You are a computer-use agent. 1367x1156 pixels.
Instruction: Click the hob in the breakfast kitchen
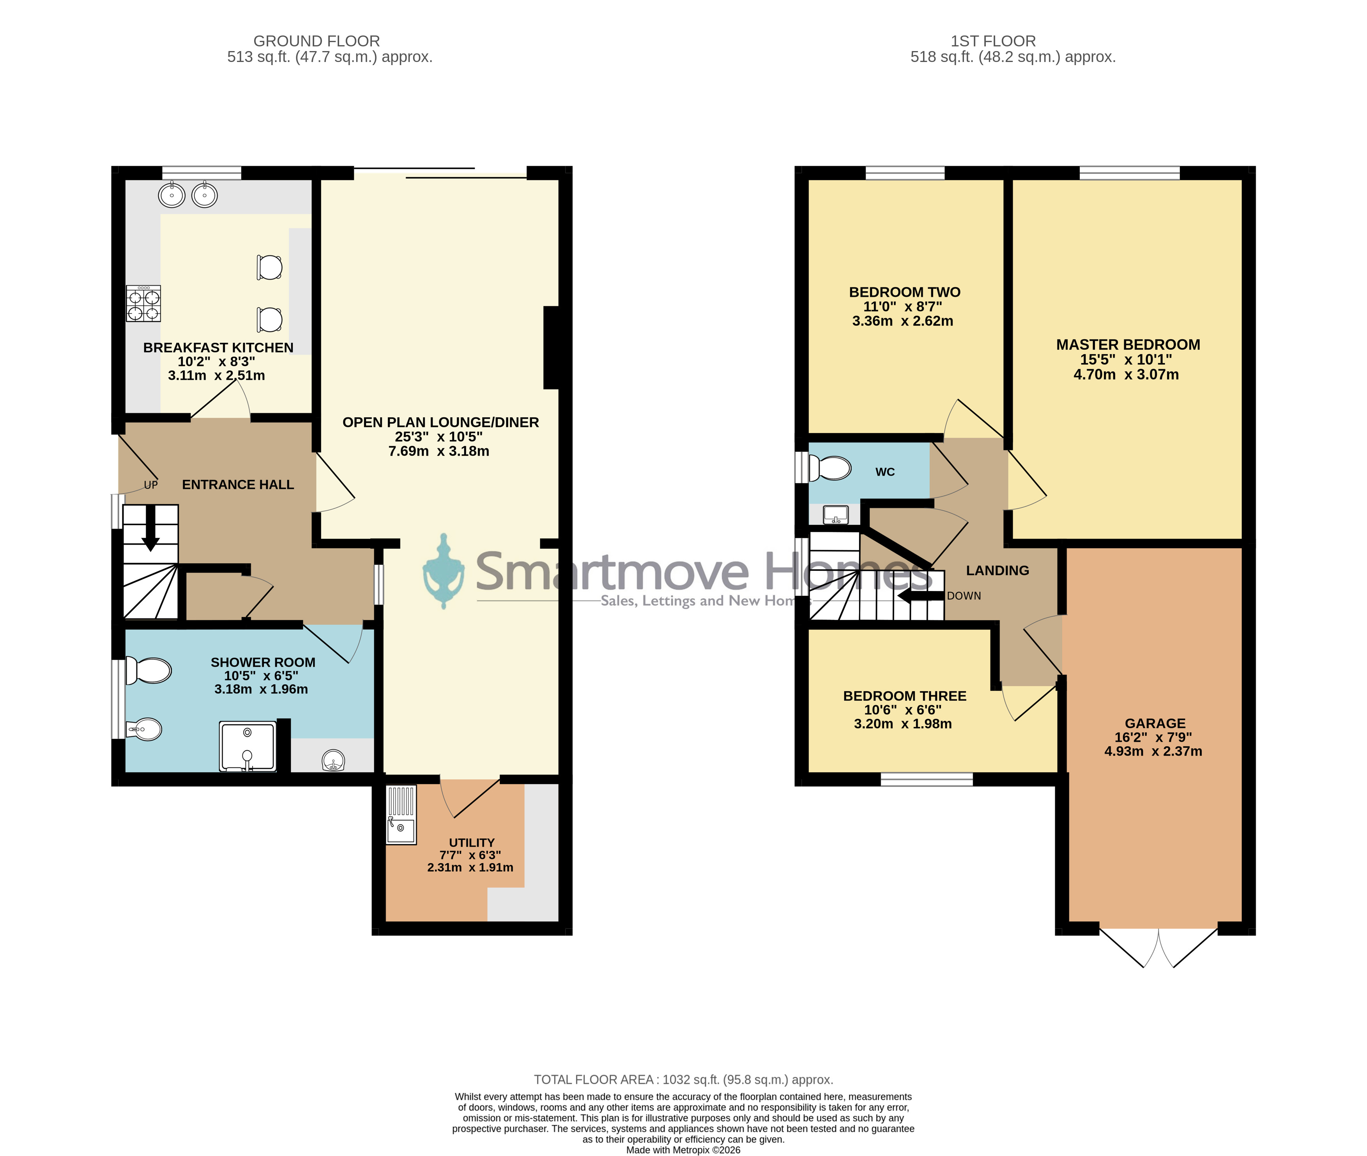pyautogui.click(x=143, y=303)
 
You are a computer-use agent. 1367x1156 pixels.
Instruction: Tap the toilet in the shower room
pyautogui.click(x=149, y=670)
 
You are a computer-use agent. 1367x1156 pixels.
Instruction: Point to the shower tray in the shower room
pyautogui.click(x=248, y=746)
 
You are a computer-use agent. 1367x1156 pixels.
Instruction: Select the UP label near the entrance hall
pyautogui.click(x=150, y=485)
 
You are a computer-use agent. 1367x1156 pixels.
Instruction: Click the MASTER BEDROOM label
pyautogui.click(x=1128, y=345)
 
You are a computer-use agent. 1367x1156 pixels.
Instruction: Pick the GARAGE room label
pyautogui.click(x=1155, y=724)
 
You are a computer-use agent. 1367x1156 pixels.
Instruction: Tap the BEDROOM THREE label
pyautogui.click(x=905, y=696)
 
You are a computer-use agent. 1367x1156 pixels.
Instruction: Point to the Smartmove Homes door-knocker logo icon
pyautogui.click(x=444, y=572)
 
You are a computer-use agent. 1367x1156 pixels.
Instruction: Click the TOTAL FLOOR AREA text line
pyautogui.click(x=683, y=1079)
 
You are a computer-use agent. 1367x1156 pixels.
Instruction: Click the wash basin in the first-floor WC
pyautogui.click(x=835, y=514)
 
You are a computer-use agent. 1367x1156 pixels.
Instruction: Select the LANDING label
pyautogui.click(x=997, y=571)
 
